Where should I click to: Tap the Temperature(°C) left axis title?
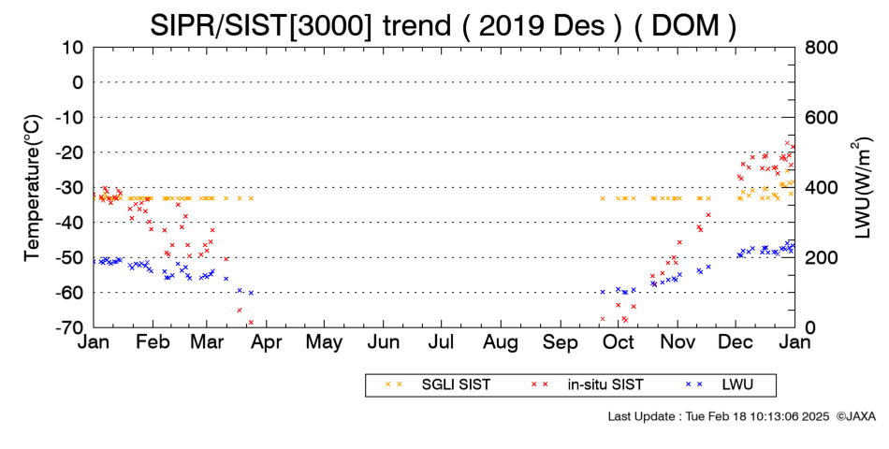pyautogui.click(x=34, y=188)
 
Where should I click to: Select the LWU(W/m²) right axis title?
pyautogui.click(x=861, y=188)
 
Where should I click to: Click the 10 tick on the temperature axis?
pyautogui.click(x=73, y=47)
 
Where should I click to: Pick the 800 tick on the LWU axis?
pyautogui.click(x=822, y=47)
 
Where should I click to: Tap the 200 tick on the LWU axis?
pyautogui.click(x=822, y=257)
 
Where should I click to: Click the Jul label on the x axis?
pyautogui.click(x=441, y=341)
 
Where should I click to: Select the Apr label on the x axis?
pyautogui.click(x=266, y=342)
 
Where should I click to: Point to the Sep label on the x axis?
pyautogui.click(x=561, y=342)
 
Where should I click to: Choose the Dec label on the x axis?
pyautogui.click(x=736, y=341)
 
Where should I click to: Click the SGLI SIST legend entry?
pyautogui.click(x=438, y=385)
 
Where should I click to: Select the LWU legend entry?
pyautogui.click(x=720, y=385)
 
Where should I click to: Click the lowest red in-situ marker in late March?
pyautogui.click(x=251, y=322)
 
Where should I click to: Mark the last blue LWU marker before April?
pyautogui.click(x=251, y=293)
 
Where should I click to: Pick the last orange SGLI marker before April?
pyautogui.click(x=251, y=198)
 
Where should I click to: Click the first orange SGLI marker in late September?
pyautogui.click(x=603, y=198)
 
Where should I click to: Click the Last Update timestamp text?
pyautogui.click(x=719, y=416)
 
